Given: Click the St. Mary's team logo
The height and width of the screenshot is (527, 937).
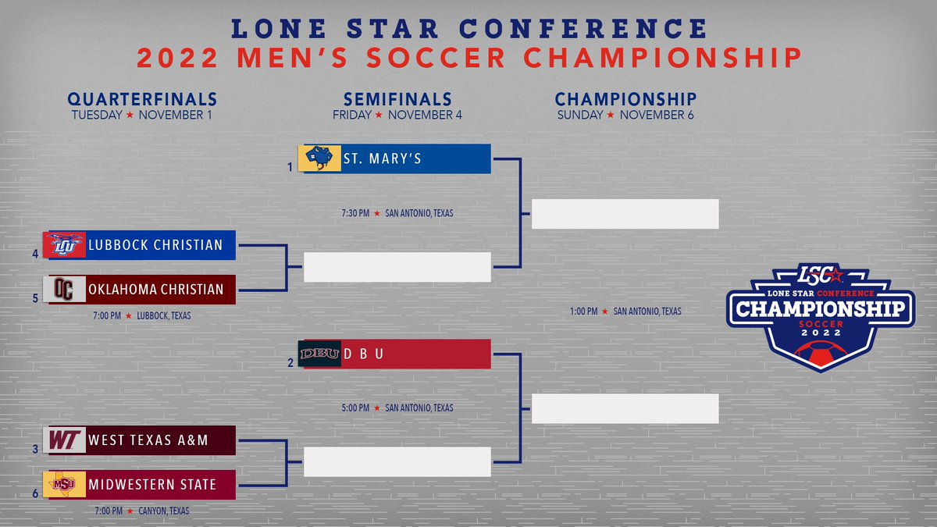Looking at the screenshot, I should [x=319, y=159].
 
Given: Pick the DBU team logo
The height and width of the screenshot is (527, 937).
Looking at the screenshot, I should [x=319, y=354].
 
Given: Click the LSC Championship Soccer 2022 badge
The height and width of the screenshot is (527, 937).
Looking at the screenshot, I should [x=820, y=312].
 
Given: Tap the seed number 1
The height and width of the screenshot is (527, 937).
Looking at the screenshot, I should [x=289, y=166].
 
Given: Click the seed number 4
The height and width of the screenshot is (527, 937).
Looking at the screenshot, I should [x=36, y=253].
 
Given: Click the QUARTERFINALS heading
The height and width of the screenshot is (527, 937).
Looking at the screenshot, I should [x=142, y=99].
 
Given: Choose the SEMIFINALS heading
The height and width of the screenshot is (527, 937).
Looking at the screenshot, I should [x=397, y=99].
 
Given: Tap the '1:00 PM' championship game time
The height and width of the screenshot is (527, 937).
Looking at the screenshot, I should [x=583, y=312].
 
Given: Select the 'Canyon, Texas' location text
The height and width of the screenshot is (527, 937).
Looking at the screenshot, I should [x=165, y=511].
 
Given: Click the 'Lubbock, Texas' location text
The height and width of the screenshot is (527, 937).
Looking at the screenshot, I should [x=163, y=316].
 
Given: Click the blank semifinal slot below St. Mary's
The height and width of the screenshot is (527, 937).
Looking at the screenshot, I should [x=397, y=267].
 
